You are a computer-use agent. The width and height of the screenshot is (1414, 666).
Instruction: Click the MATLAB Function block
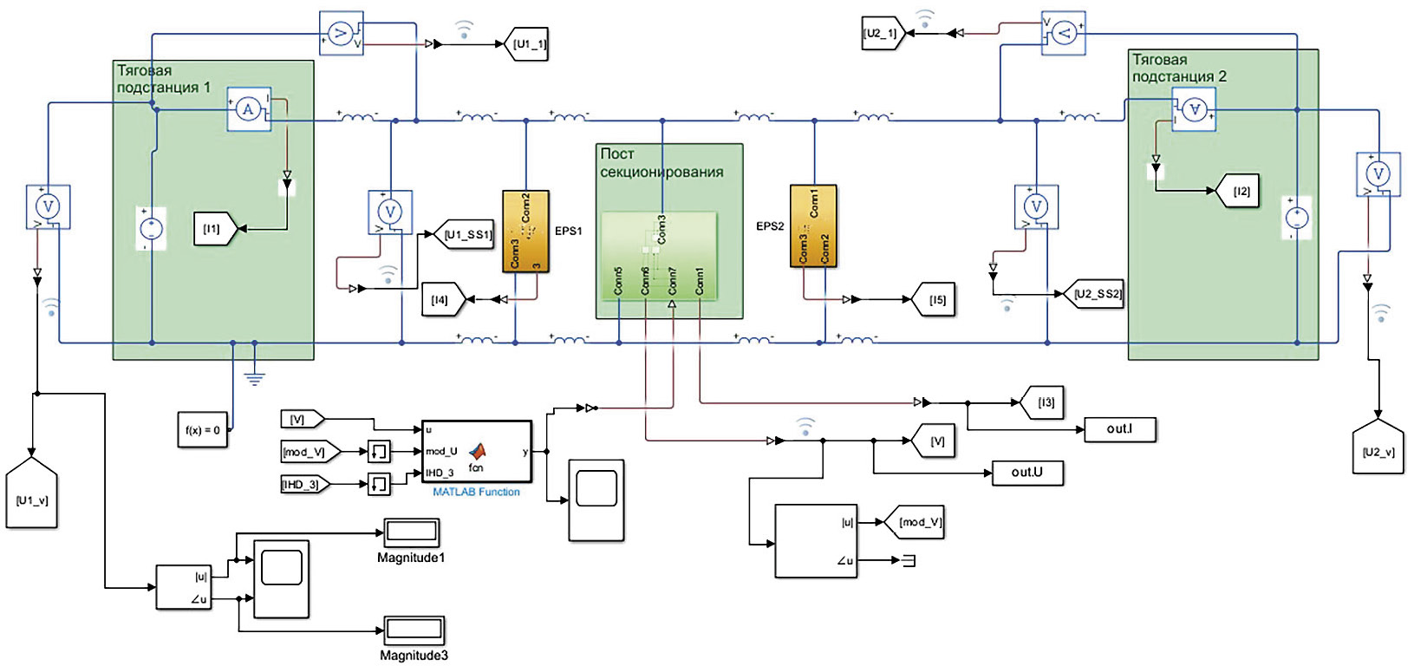(477, 451)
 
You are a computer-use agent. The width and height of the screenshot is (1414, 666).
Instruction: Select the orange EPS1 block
(526, 232)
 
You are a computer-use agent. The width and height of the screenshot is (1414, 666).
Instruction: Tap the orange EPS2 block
(813, 225)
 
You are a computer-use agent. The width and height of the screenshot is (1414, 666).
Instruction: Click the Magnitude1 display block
(412, 532)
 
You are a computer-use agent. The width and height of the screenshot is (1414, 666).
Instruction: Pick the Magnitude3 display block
(414, 630)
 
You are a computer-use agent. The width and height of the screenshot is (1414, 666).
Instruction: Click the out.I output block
(1119, 429)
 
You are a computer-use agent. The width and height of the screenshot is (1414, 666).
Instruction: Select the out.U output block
(1027, 473)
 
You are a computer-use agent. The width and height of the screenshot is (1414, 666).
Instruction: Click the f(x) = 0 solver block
(203, 429)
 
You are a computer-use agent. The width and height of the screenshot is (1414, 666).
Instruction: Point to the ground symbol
(254, 377)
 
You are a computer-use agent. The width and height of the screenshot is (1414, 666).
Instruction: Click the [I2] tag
(1240, 191)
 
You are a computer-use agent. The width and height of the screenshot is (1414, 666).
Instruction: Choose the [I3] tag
(1045, 402)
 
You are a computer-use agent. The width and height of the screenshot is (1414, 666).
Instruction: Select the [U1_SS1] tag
(466, 234)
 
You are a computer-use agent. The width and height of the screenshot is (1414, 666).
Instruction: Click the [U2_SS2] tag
(1095, 294)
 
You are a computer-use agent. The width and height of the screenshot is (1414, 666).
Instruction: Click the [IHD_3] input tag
(304, 484)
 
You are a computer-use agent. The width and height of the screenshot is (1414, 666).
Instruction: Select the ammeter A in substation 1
(249, 109)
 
